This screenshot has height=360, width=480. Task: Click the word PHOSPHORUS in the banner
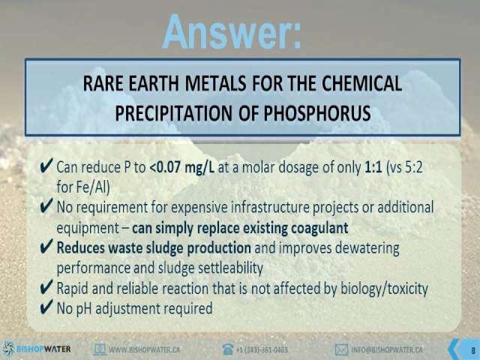[317, 112]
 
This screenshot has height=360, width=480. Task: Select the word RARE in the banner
[103, 83]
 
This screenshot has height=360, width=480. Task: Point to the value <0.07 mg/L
[182, 168]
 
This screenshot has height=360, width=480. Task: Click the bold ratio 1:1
[373, 167]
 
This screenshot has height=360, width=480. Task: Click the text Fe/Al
[82, 187]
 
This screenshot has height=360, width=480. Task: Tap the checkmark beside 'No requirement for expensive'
[46, 206]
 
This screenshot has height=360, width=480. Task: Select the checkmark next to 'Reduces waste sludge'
[46, 247]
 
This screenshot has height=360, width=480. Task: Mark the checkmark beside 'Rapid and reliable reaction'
[46, 287]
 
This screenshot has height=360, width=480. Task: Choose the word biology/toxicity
[384, 288]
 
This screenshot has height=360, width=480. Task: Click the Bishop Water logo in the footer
[37, 349]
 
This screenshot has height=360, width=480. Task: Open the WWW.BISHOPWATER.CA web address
[144, 349]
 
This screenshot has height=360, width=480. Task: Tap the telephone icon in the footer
[228, 349]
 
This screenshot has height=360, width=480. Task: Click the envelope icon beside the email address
[341, 349]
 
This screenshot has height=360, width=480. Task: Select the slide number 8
[473, 350]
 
